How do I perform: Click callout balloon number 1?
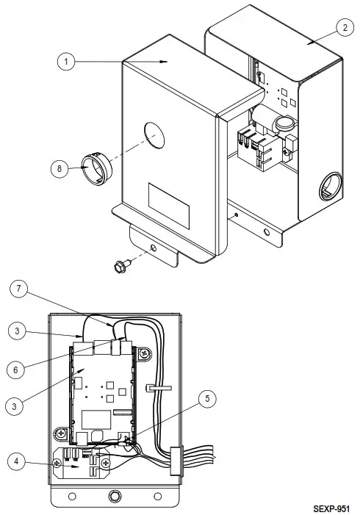pos(67,62)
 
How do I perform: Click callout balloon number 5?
pos(208,399)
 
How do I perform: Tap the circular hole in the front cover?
pos(156,135)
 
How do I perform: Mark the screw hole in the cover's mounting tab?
pos(153,249)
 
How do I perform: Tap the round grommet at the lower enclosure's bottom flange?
pos(114,496)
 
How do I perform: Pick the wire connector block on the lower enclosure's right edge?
pos(175,461)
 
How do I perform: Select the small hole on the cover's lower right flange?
pos(235,216)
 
